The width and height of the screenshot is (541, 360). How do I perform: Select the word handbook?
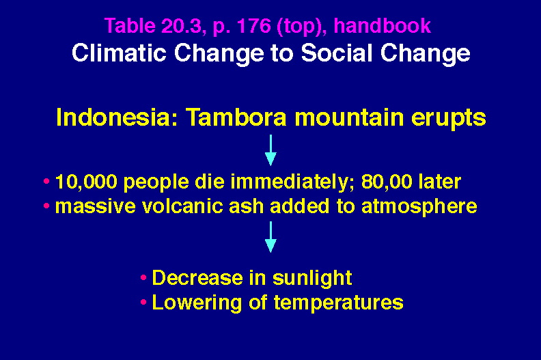coord(383,26)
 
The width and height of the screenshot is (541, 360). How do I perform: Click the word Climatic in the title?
coord(119,53)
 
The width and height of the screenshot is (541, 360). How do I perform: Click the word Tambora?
coord(236,117)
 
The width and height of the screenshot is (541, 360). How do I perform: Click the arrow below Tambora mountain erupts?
coord(270,150)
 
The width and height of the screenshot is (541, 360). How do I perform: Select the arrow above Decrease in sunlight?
coord(270,237)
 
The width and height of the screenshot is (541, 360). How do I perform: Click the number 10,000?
coord(86,182)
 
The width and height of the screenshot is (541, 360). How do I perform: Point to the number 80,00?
coord(387,182)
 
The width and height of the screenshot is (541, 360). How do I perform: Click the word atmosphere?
coord(419,207)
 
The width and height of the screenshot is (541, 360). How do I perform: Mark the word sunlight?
coord(312,278)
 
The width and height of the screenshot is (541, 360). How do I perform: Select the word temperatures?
coord(339,303)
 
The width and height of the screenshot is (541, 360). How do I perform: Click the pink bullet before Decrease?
coord(143,277)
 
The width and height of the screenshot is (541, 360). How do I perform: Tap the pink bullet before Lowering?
coord(143,303)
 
